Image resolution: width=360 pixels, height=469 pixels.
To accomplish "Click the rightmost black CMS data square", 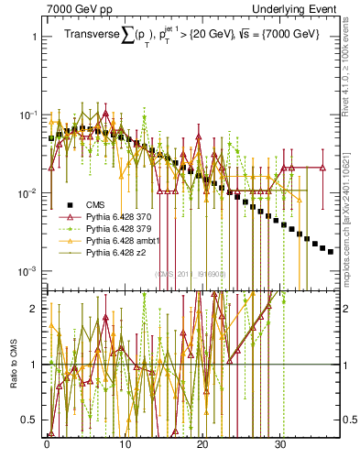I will (331, 251).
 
